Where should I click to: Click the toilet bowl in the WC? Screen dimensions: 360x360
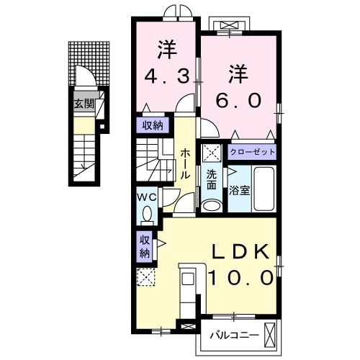(x=148, y=215)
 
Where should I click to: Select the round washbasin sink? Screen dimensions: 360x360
(x=211, y=205)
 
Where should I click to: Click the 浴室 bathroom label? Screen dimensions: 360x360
(x=239, y=192)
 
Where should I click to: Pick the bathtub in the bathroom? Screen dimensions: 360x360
(x=264, y=189)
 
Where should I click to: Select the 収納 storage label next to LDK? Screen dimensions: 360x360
(x=144, y=246)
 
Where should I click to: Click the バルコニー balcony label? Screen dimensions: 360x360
(x=232, y=335)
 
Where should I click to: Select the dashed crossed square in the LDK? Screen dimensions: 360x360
(x=146, y=277)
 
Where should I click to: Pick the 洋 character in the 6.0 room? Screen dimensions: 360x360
(x=239, y=74)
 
